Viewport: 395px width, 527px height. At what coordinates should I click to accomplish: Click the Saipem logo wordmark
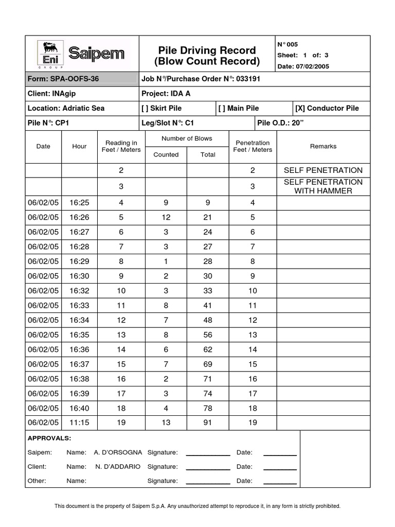point(96,54)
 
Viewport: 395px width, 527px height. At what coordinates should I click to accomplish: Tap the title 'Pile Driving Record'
point(207,50)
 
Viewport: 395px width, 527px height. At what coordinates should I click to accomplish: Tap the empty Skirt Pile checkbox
point(145,108)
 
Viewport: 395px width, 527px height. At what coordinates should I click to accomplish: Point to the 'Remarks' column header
point(323,146)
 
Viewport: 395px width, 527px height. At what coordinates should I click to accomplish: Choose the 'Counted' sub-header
point(166,154)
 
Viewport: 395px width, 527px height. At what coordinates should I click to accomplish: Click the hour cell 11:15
point(79,423)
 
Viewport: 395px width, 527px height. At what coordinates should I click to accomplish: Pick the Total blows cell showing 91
point(208,423)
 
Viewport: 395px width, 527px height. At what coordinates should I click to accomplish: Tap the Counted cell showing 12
point(166,217)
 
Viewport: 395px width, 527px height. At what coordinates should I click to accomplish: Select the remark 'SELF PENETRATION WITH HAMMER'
point(323,186)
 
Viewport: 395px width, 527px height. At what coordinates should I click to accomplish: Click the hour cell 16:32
point(79,290)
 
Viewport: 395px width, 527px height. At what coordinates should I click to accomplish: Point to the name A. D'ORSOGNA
point(118,452)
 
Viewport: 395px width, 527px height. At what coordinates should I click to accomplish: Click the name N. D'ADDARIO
point(118,467)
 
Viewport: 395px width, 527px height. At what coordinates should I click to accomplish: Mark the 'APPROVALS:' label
point(49,438)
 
